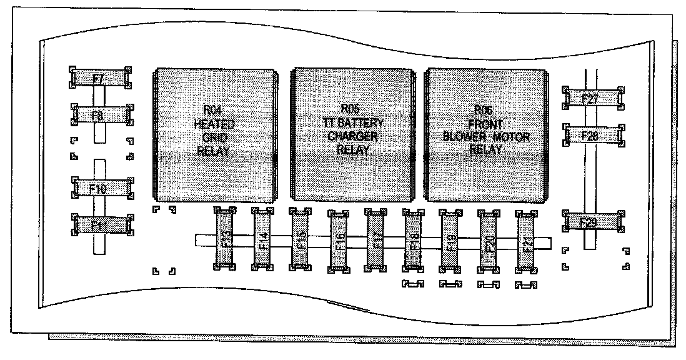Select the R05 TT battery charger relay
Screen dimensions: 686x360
coord(352,134)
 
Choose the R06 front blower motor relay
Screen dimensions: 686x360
coord(485,134)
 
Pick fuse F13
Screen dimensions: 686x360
coord(224,240)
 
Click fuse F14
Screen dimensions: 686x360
coord(262,240)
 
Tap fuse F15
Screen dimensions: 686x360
coord(300,240)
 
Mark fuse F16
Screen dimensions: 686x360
coord(338,241)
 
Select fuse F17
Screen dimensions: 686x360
coord(375,241)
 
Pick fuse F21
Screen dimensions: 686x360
coord(526,241)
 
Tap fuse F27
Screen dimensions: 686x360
coord(591,98)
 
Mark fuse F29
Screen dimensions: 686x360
coord(592,222)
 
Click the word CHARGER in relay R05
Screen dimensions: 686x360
coord(352,136)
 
